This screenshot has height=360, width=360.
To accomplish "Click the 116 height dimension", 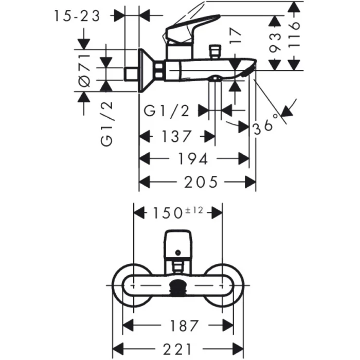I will [x=294, y=35].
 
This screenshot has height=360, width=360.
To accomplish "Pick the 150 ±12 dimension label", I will [x=178, y=212].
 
